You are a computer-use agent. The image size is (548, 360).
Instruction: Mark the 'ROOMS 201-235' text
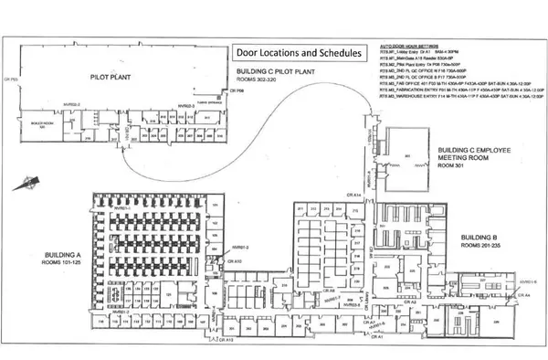click(482, 246)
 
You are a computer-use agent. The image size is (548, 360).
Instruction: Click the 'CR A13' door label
click(229, 339)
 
